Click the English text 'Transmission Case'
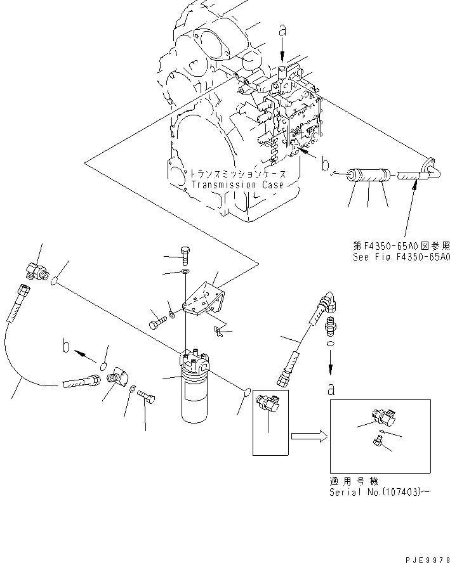click(237, 185)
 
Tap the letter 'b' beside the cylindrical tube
click(326, 167)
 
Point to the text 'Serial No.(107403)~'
click(374, 492)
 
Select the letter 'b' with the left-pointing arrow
click(65, 348)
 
